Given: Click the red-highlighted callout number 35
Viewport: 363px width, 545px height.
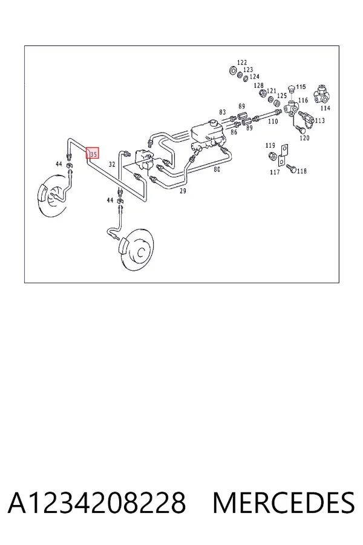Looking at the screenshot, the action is tap(93, 153).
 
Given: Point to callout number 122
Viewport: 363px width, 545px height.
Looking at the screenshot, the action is tap(242, 62).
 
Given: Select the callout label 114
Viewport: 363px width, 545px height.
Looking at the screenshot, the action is tap(325, 108).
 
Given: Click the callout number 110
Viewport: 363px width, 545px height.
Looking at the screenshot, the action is tap(273, 121).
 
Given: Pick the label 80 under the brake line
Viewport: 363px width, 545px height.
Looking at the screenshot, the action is tap(217, 170).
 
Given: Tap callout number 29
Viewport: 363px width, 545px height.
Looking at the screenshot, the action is tap(183, 191).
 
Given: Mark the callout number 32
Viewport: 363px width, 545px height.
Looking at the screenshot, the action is tap(111, 164).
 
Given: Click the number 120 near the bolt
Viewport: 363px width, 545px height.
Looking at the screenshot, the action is tap(304, 138).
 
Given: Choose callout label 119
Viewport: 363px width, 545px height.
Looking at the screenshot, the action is tap(270, 145).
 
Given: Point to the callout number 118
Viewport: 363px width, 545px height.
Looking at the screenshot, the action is tap(302, 171).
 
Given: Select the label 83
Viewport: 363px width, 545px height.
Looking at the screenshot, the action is tap(222, 112).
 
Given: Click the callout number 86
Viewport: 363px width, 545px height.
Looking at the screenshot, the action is tap(234, 132).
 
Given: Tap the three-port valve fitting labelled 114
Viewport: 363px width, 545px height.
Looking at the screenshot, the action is tap(322, 94).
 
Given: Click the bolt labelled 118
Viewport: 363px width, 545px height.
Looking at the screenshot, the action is tap(291, 169).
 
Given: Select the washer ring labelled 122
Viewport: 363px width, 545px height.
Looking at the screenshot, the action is tap(232, 70).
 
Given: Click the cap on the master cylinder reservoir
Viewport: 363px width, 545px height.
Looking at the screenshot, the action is tap(212, 123).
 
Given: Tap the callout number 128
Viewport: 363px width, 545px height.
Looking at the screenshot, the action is tap(258, 85).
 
